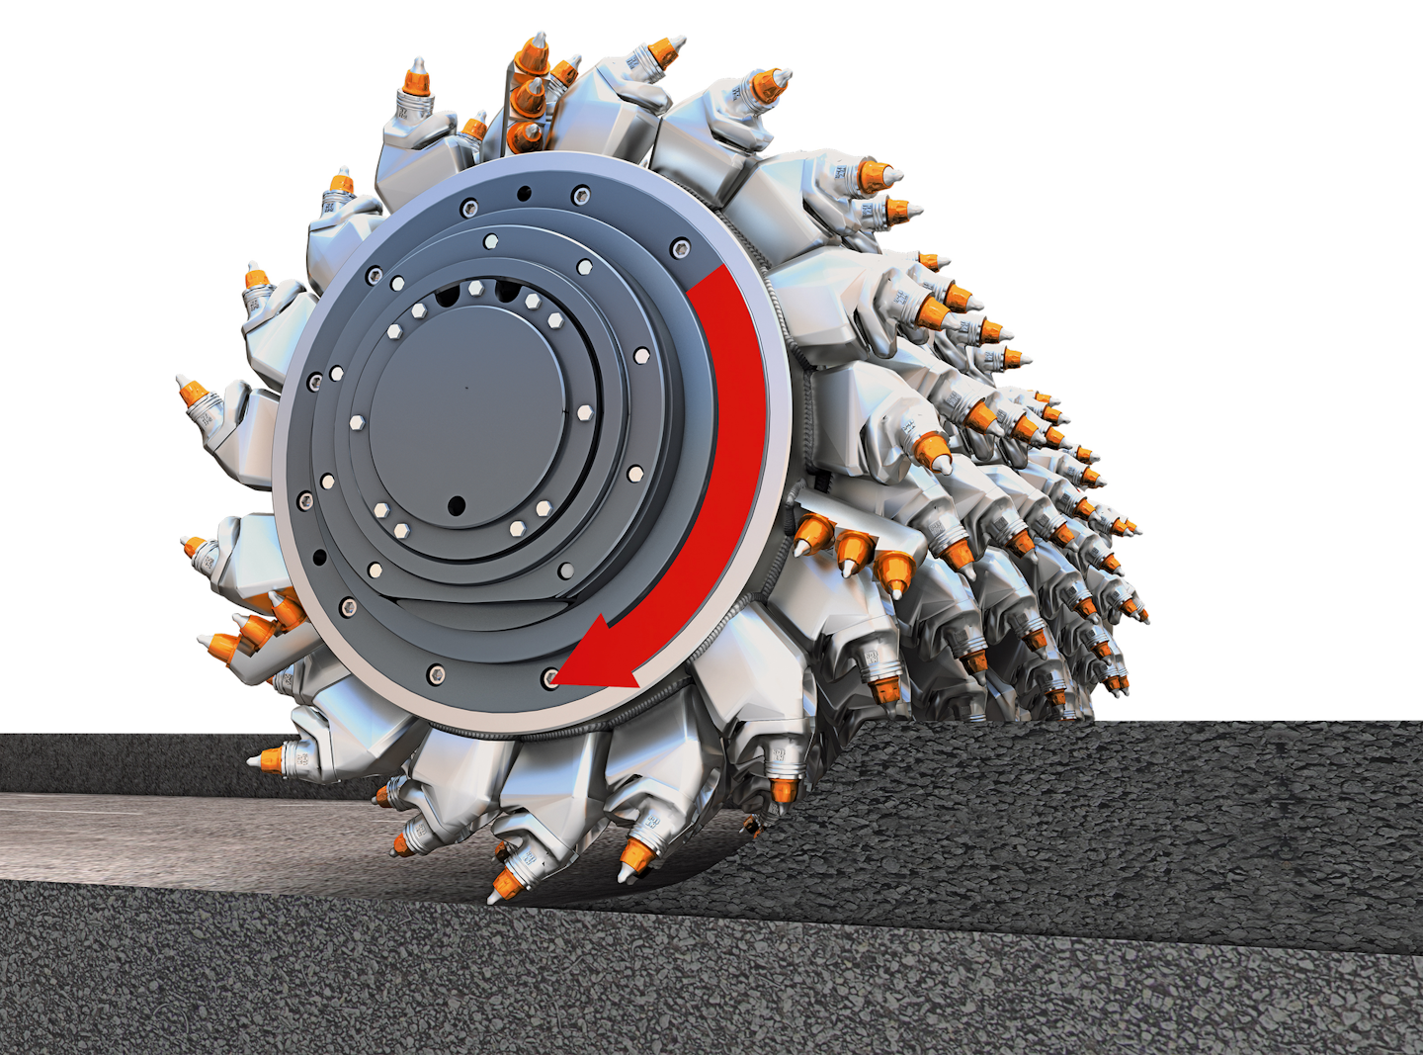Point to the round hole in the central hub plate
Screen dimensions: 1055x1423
456,506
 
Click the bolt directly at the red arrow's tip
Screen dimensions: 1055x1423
549,678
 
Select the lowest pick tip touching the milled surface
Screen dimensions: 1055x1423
494,896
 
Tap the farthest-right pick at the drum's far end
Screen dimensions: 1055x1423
1142,617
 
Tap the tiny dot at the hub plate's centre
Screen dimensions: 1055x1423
467,389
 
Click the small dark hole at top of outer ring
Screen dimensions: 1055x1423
523,192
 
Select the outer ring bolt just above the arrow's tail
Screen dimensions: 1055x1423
679,247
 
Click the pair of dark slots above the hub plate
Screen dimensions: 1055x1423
476,293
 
